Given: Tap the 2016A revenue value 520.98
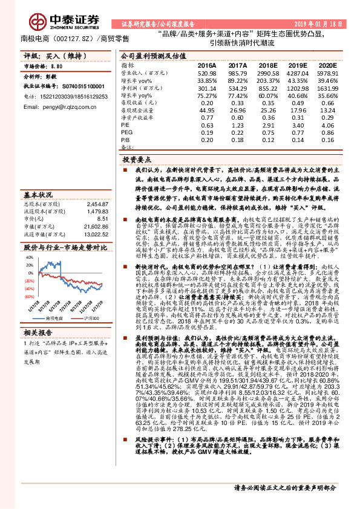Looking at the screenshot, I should pyautogui.click(x=206, y=73).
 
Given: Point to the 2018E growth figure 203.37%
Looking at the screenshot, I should pyautogui.click(x=267, y=80).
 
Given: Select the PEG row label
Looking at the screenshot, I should pyautogui.click(x=126, y=132).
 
